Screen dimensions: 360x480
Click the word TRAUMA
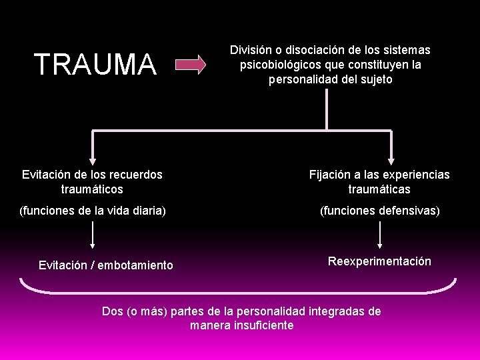tap(95, 65)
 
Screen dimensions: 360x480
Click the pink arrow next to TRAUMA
tap(191, 65)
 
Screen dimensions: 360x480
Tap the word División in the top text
tap(249, 50)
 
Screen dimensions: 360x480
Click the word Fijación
tap(331, 175)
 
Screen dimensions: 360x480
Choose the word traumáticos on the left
tap(92, 189)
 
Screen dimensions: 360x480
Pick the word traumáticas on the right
tap(379, 189)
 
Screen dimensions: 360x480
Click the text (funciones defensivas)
tap(379, 211)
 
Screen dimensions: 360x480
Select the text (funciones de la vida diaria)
tap(92, 211)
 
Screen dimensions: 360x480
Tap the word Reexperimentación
tap(379, 261)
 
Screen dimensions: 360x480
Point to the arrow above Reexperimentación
tap(380, 235)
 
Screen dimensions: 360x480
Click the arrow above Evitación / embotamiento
tap(92, 235)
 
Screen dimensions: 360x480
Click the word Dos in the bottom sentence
tap(112, 311)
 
